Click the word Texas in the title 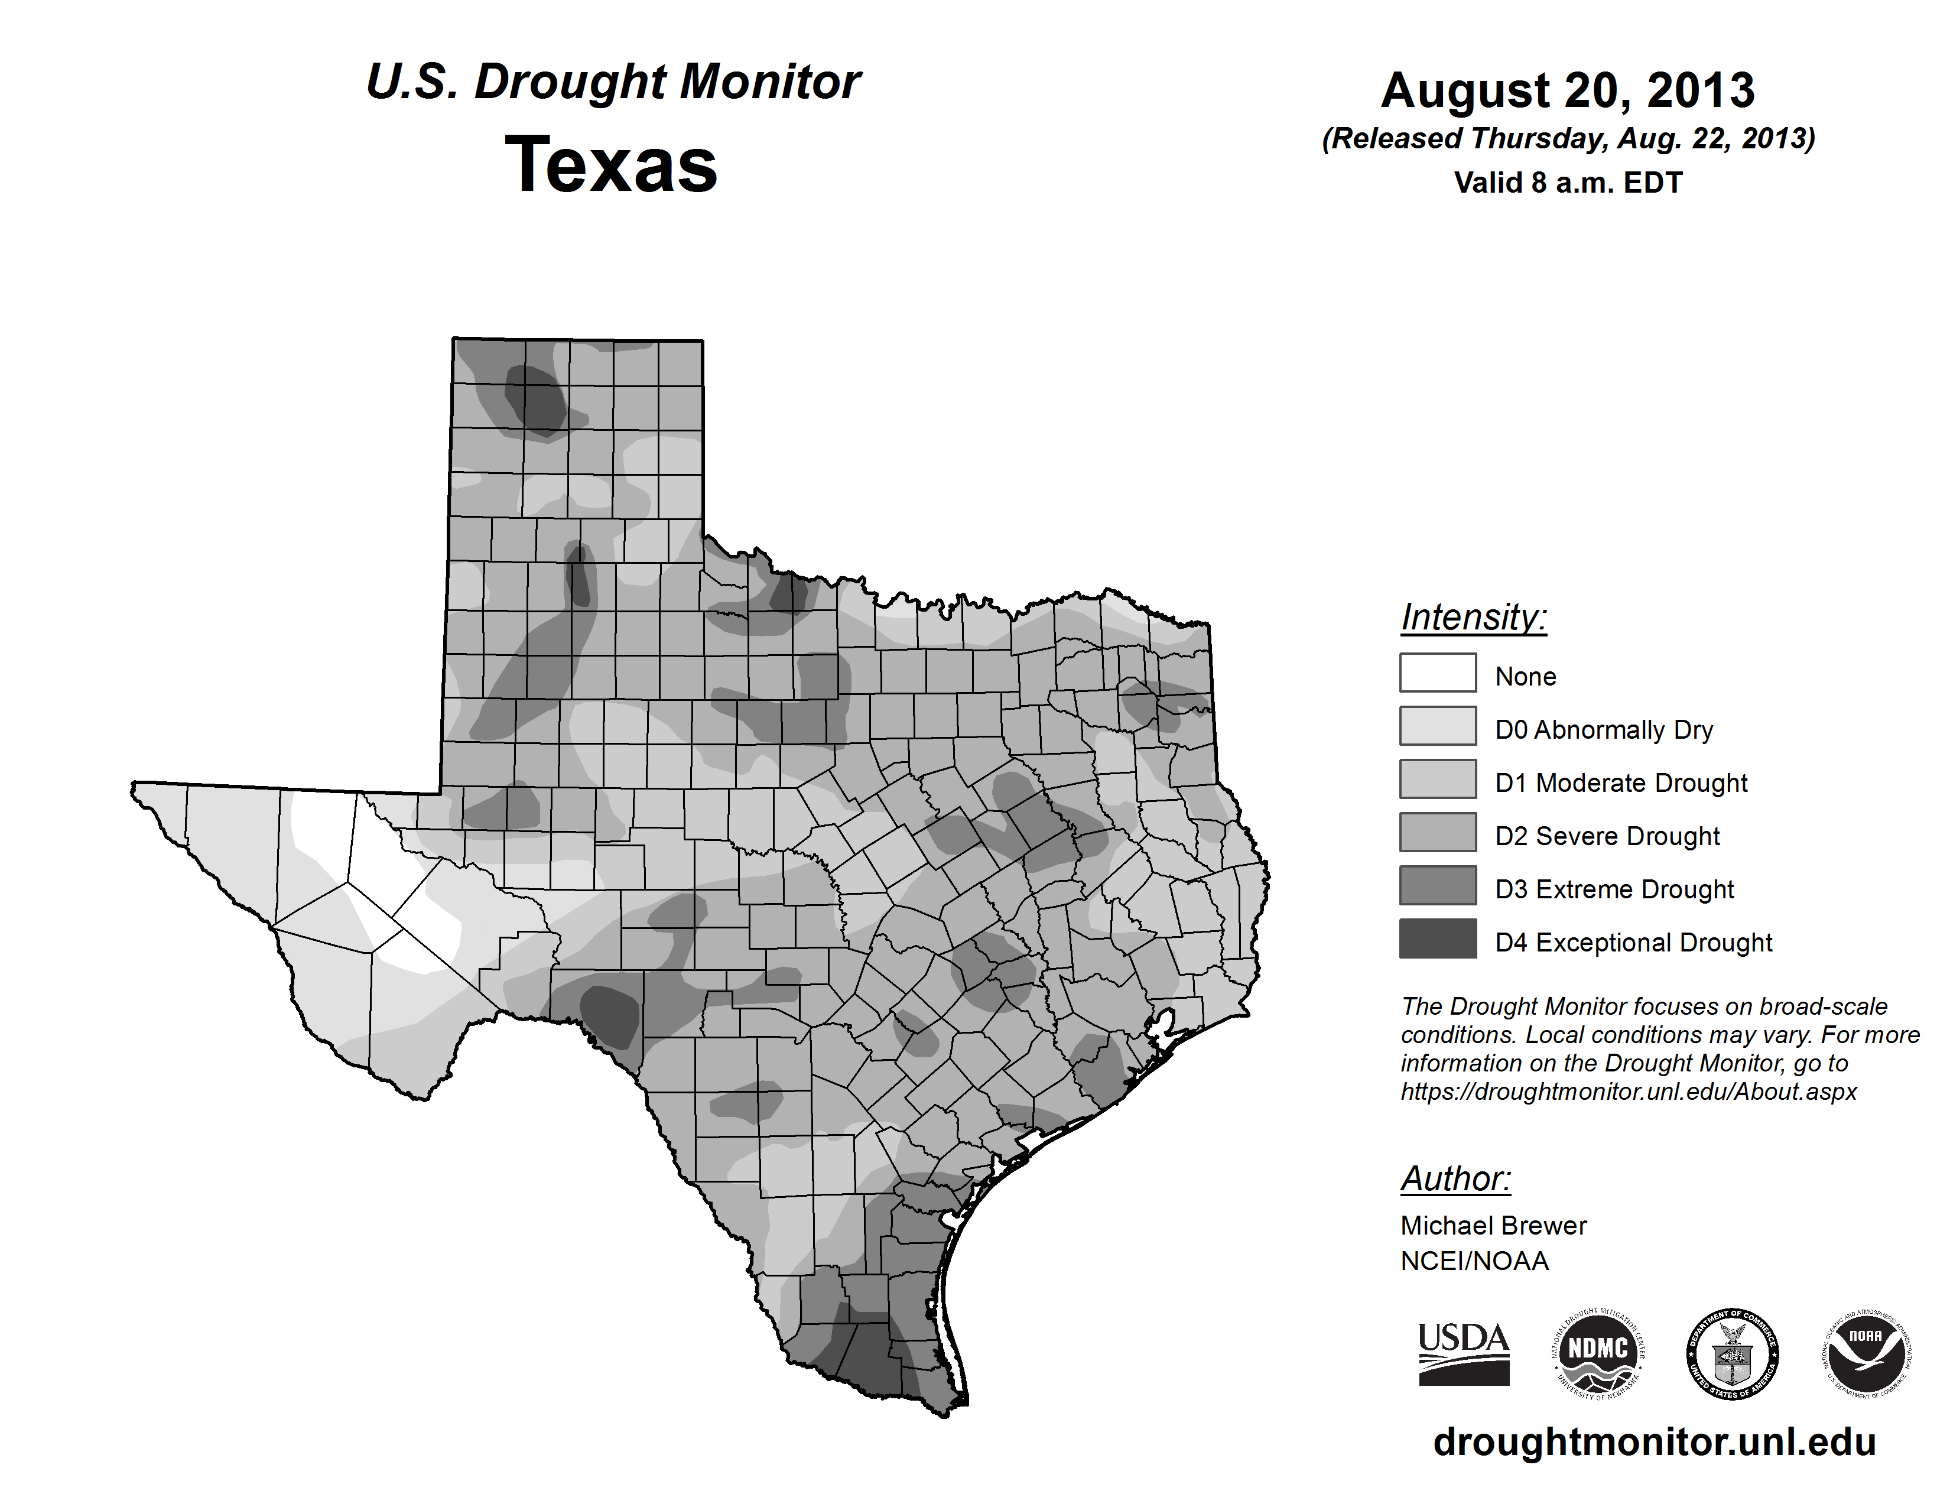pos(611,165)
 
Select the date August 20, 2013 pos(1568,90)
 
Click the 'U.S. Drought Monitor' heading pos(613,82)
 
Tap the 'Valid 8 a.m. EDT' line pos(1568,183)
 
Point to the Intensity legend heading pos(1473,617)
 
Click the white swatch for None pos(1438,673)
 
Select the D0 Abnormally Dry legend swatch pos(1438,726)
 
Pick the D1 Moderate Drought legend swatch pos(1438,778)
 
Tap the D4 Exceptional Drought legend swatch pos(1438,938)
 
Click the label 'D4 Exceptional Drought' pos(1633,943)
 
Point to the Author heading pos(1455,1178)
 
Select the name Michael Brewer pos(1493,1226)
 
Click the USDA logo pos(1464,1353)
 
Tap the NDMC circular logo pos(1598,1353)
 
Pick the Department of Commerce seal pos(1732,1353)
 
